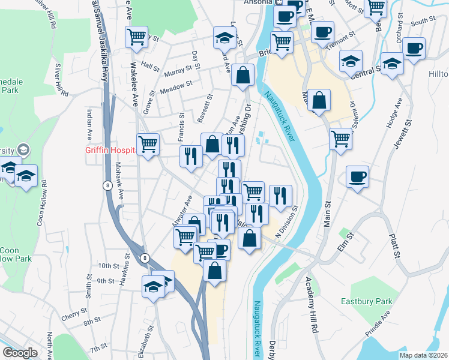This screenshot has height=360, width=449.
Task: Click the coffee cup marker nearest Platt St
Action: (357, 177)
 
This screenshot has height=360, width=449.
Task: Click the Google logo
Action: (20, 353)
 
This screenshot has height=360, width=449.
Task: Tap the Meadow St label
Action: (176, 88)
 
